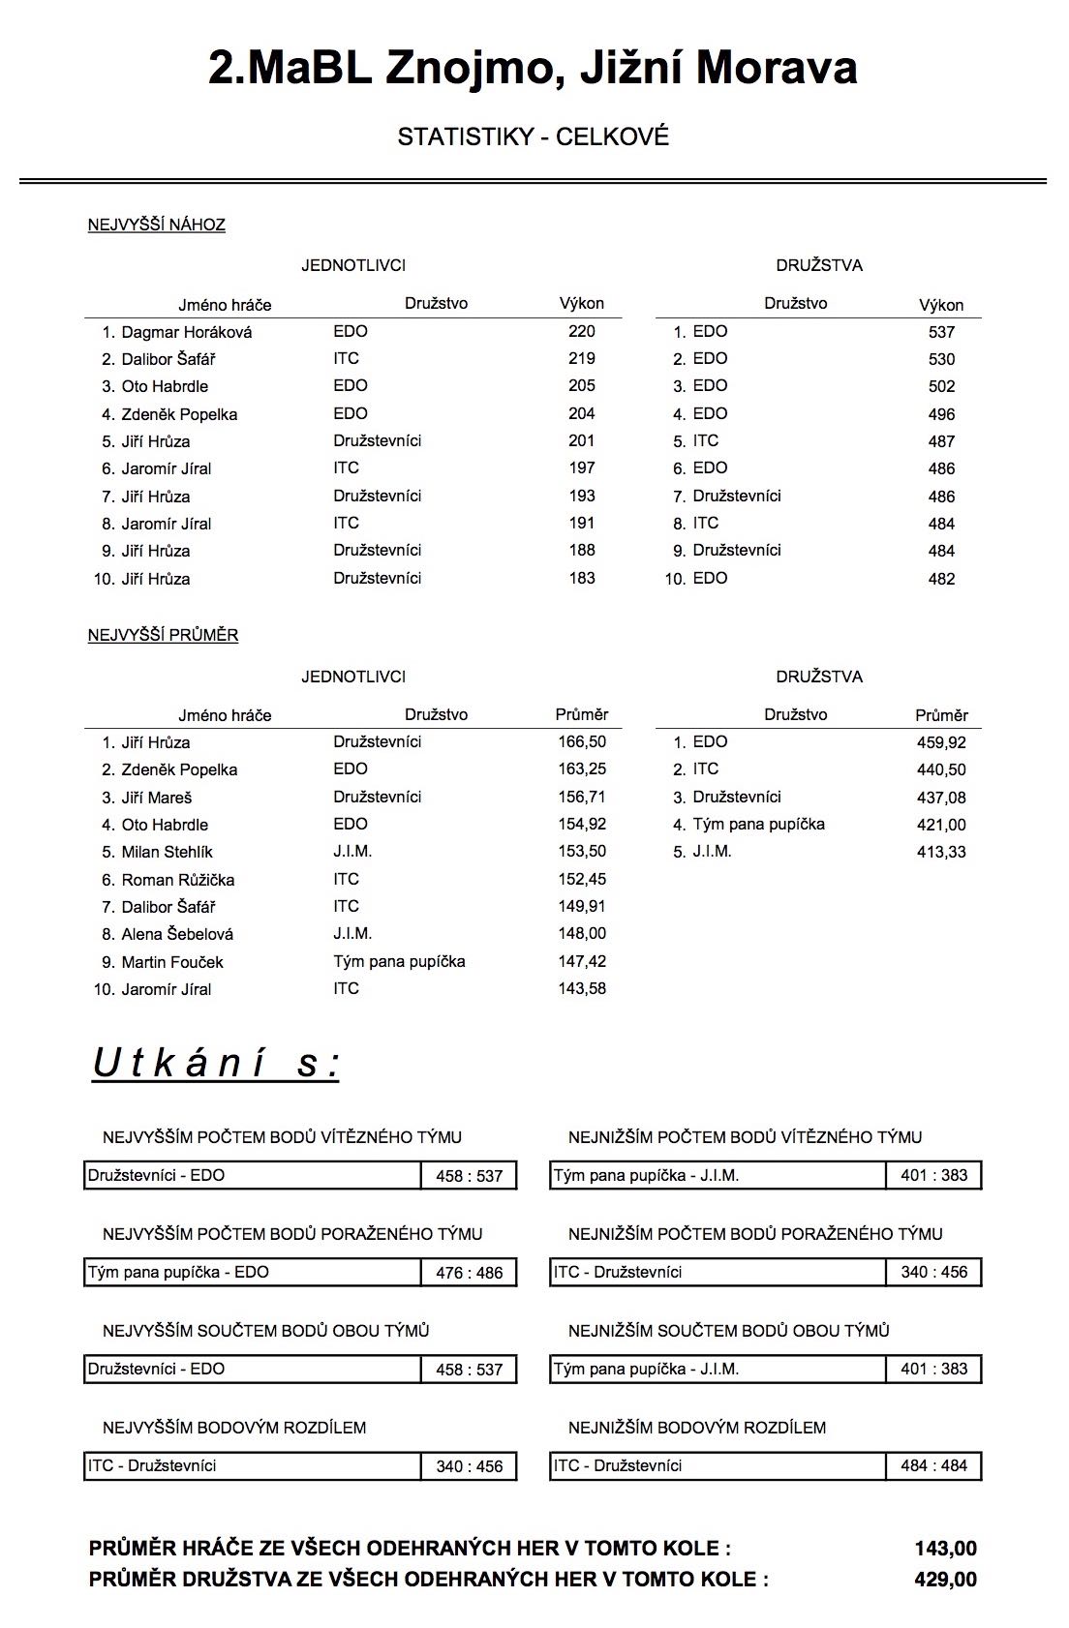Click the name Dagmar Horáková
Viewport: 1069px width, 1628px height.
pyautogui.click(x=186, y=332)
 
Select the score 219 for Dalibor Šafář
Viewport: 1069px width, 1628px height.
pyautogui.click(x=581, y=358)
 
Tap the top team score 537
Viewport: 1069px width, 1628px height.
pyautogui.click(x=941, y=332)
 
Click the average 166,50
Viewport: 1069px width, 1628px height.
pyautogui.click(x=581, y=742)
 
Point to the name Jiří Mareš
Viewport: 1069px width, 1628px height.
pyautogui.click(x=157, y=798)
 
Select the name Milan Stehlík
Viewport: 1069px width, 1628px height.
pyautogui.click(x=167, y=852)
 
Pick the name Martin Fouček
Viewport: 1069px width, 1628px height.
pyautogui.click(x=172, y=962)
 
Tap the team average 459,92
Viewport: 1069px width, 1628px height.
pyautogui.click(x=941, y=742)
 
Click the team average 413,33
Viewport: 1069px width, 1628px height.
pyautogui.click(x=941, y=852)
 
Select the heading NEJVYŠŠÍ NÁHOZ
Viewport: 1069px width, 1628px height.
pyautogui.click(x=157, y=225)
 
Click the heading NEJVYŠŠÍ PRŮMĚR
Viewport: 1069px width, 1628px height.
pyautogui.click(x=163, y=635)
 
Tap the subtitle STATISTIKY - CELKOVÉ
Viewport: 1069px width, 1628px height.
pyautogui.click(x=533, y=136)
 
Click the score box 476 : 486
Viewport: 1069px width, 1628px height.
pyautogui.click(x=469, y=1273)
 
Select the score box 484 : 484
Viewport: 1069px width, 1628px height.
pyautogui.click(x=933, y=1466)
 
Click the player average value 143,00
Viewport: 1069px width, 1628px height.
pyautogui.click(x=945, y=1548)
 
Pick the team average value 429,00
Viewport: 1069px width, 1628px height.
pyautogui.click(x=945, y=1579)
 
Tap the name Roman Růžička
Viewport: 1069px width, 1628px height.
pyautogui.click(x=178, y=880)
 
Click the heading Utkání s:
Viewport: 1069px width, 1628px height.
pyautogui.click(x=216, y=1063)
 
